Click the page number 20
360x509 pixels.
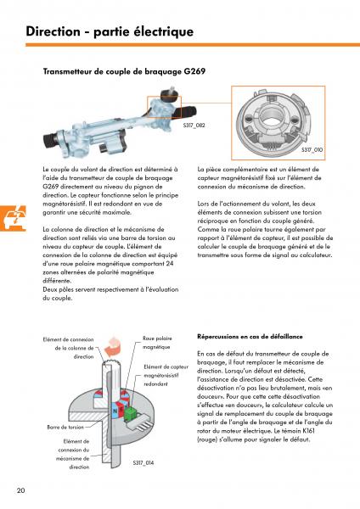[20, 489]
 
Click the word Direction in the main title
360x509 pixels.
[53, 31]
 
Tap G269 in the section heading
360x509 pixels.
[194, 71]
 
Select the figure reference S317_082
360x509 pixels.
[194, 126]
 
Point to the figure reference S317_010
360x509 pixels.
[312, 149]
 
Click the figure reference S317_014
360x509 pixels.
[143, 463]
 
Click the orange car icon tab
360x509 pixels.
[13, 218]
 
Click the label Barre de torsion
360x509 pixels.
[65, 428]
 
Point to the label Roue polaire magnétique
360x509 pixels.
[157, 343]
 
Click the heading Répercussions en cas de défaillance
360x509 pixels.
[250, 337]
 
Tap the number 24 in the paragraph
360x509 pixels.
[170, 264]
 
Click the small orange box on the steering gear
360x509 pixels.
[164, 107]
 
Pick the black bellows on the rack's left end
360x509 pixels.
[50, 143]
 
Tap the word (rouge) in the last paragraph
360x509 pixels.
[207, 439]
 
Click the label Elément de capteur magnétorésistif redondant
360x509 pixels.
[166, 375]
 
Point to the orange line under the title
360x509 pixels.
[193, 45]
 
